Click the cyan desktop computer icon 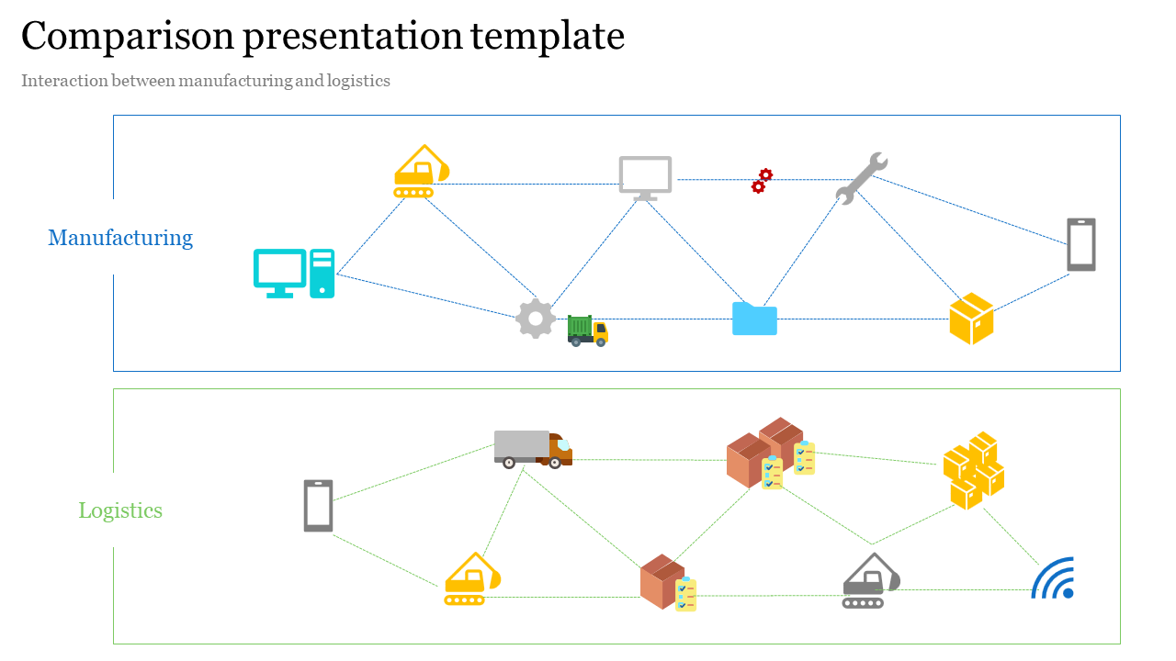(x=294, y=274)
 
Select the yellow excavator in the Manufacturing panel (x=422, y=172)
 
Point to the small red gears (x=762, y=181)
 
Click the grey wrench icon (x=861, y=177)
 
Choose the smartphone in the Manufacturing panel (x=1081, y=244)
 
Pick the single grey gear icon (x=536, y=319)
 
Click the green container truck (x=588, y=330)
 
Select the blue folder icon (x=754, y=319)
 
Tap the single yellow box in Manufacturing (x=971, y=319)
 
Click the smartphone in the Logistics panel (x=318, y=506)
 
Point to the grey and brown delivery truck (x=533, y=449)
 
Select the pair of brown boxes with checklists (x=770, y=454)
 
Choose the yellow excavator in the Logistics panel (x=472, y=579)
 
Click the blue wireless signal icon (x=1053, y=578)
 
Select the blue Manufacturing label (x=120, y=238)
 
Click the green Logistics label (x=120, y=510)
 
